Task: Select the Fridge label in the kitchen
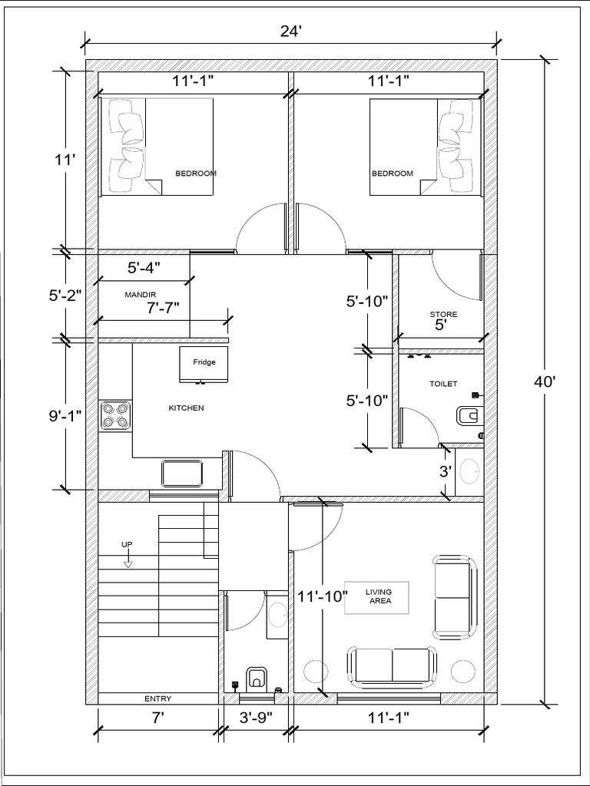[x=204, y=362]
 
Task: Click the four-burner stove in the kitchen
[x=115, y=415]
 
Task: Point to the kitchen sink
[x=182, y=472]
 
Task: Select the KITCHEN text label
[x=186, y=408]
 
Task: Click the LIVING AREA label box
[x=377, y=596]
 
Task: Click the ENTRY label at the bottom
[x=157, y=698]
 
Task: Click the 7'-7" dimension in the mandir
[x=162, y=308]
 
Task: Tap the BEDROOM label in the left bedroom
[x=196, y=173]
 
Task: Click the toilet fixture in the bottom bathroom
[x=256, y=678]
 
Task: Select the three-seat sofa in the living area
[x=393, y=665]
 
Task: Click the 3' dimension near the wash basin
[x=445, y=471]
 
